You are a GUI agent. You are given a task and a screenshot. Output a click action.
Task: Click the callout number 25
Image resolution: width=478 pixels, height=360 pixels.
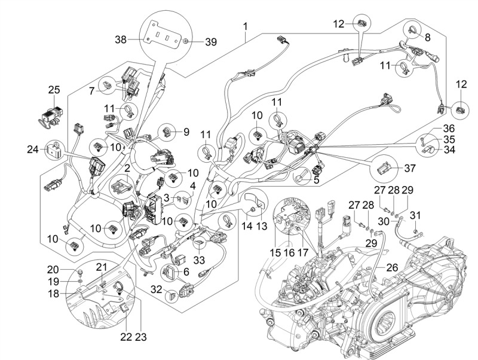[x=54, y=90]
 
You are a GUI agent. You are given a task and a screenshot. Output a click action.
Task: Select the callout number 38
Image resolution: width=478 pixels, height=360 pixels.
[x=121, y=41]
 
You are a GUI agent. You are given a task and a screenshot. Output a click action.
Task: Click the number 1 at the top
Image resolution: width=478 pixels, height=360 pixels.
[x=245, y=26]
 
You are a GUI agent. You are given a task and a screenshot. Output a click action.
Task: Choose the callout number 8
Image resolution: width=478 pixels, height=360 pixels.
[x=428, y=36]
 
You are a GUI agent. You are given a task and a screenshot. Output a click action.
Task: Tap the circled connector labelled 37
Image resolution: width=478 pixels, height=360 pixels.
[x=384, y=168]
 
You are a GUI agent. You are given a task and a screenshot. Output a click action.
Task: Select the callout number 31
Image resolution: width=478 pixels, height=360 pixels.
[x=416, y=215]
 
